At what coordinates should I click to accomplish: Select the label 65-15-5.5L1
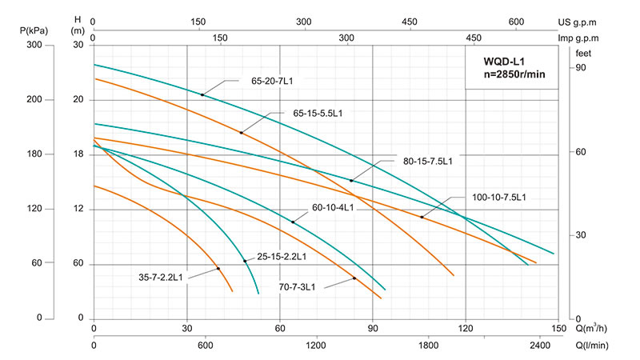click(318, 114)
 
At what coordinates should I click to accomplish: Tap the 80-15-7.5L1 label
click(427, 161)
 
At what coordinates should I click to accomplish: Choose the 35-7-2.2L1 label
click(160, 278)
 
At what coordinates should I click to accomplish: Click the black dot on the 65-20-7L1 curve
click(202, 95)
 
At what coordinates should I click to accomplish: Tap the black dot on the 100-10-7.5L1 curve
click(422, 217)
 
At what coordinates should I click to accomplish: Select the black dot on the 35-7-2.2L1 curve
click(218, 268)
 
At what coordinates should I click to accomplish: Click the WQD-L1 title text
click(509, 60)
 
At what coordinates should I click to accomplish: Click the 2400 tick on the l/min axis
click(539, 345)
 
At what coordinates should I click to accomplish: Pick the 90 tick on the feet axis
click(580, 69)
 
